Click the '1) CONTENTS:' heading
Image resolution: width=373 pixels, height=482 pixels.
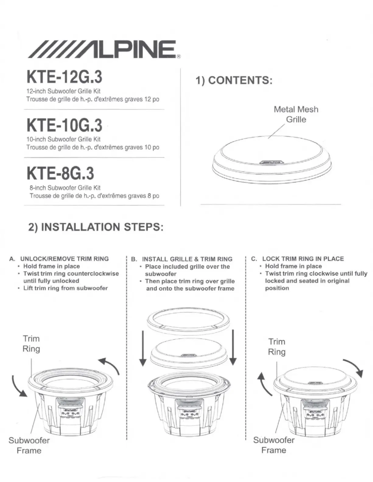[x=233, y=80]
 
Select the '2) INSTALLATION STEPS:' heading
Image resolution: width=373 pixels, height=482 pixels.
[x=96, y=227]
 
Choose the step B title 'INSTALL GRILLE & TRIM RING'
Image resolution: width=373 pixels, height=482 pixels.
[x=187, y=259]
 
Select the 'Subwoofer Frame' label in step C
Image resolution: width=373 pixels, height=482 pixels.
[x=273, y=445]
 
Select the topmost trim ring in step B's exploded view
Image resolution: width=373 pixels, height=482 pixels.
[x=187, y=321]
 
